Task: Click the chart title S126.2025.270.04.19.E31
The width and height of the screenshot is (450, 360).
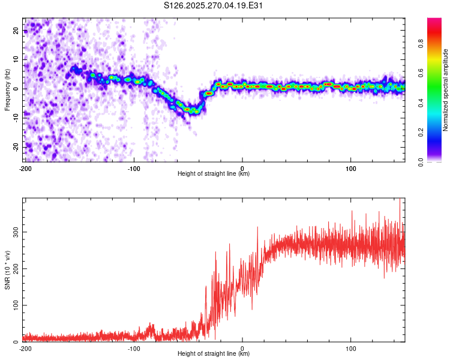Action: [214, 5]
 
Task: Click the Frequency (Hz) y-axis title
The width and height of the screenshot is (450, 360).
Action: [7, 90]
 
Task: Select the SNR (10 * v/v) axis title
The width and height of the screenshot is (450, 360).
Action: [7, 270]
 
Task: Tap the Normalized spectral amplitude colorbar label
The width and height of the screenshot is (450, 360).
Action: [446, 90]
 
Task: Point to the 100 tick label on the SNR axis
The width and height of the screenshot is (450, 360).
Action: [14, 305]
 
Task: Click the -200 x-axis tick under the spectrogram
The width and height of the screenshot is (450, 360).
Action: [25, 169]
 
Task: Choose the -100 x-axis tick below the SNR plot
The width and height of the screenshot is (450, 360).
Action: [134, 349]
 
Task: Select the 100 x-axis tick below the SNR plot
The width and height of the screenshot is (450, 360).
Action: [351, 349]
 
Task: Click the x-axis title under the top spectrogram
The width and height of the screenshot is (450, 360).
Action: [214, 174]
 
